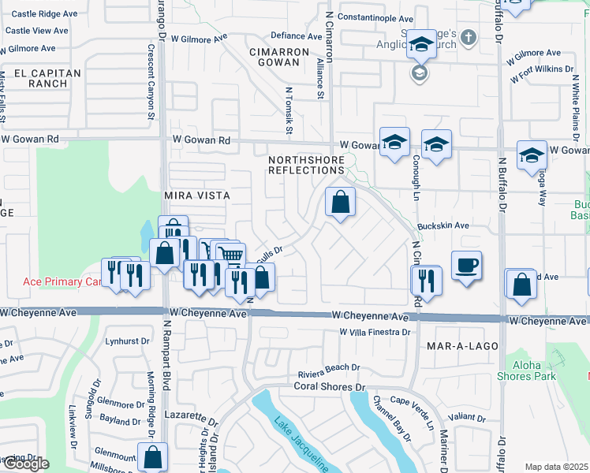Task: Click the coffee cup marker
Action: (x=466, y=264)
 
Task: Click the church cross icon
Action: (x=468, y=37)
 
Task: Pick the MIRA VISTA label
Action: (x=196, y=195)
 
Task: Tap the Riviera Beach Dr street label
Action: (x=328, y=367)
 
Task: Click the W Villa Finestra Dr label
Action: (x=375, y=333)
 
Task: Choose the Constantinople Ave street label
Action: (x=375, y=18)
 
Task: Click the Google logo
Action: (x=24, y=464)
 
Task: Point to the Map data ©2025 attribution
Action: (x=556, y=467)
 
